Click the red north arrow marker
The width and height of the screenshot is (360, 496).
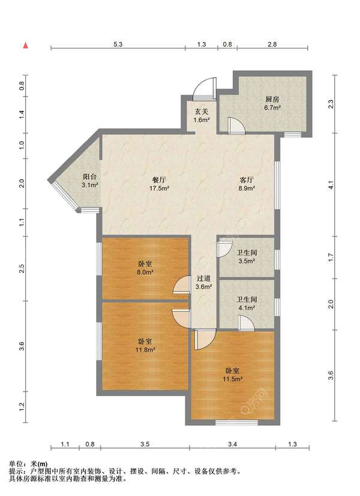tap(26, 45)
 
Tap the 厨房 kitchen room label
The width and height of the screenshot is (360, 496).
tap(272, 99)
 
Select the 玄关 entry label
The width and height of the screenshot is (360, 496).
tap(202, 112)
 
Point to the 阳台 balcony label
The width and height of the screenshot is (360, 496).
tap(89, 177)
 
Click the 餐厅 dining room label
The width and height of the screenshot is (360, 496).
tap(159, 180)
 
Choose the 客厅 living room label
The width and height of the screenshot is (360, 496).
tap(247, 180)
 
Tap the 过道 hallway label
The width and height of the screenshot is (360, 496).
tap(203, 278)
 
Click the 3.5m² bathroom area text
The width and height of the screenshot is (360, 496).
tap(247, 261)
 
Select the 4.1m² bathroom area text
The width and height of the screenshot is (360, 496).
tap(247, 308)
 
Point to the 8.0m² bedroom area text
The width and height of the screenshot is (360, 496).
tap(145, 272)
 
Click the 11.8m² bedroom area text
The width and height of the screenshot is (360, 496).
tap(145, 350)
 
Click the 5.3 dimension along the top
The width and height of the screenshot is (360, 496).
tap(118, 44)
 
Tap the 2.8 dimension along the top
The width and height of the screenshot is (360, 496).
tap(272, 44)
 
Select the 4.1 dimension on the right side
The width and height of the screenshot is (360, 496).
tap(331, 185)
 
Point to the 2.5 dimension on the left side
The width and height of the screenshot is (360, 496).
tap(22, 269)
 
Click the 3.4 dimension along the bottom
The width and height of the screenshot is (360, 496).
tap(233, 444)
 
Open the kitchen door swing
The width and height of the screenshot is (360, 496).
tap(236, 125)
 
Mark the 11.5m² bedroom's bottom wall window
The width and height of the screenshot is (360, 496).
tap(236, 422)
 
